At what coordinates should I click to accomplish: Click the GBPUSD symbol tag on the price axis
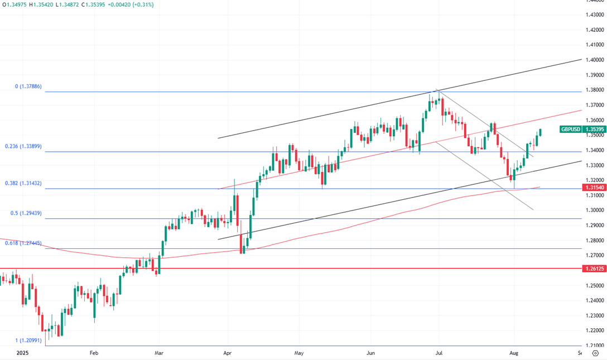[570, 129]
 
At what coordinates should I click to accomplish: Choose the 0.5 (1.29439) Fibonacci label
[21, 213]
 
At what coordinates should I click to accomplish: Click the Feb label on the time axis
[94, 353]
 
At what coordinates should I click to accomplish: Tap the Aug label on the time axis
[514, 353]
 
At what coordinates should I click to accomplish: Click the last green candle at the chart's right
[540, 132]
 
